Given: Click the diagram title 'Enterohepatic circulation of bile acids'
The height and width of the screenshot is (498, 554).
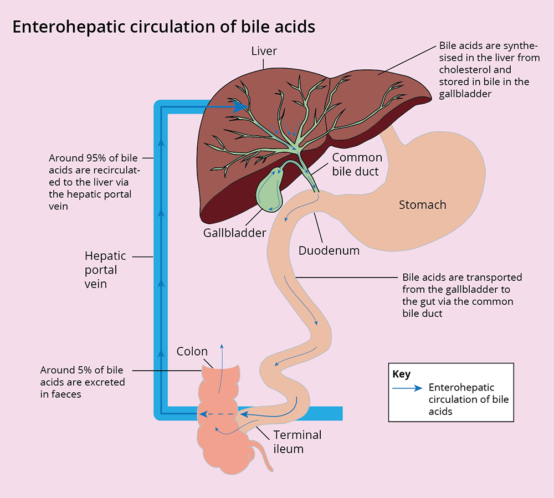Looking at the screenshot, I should tap(163, 27).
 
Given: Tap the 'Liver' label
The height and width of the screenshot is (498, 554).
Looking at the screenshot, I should tap(264, 52).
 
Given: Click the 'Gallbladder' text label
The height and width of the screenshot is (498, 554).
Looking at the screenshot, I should tap(234, 233).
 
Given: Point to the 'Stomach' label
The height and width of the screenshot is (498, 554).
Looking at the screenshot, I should tap(422, 205).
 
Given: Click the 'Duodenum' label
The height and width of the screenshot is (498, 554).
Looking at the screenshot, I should tap(329, 250).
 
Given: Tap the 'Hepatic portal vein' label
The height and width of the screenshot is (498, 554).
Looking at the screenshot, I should tap(105, 270).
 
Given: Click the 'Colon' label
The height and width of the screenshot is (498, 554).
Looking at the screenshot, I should tap(192, 351).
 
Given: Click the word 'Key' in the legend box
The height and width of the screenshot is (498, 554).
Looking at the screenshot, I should tap(402, 374).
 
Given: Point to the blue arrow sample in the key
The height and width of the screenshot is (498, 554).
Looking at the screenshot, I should tap(407, 388).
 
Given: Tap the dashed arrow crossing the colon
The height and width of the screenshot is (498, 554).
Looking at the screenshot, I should tap(219, 414).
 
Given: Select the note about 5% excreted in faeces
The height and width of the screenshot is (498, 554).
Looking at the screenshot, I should tap(83, 382).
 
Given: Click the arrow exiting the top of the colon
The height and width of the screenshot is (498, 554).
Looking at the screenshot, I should tap(222, 349).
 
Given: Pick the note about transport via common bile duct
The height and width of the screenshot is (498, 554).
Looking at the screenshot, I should tap(462, 295).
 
